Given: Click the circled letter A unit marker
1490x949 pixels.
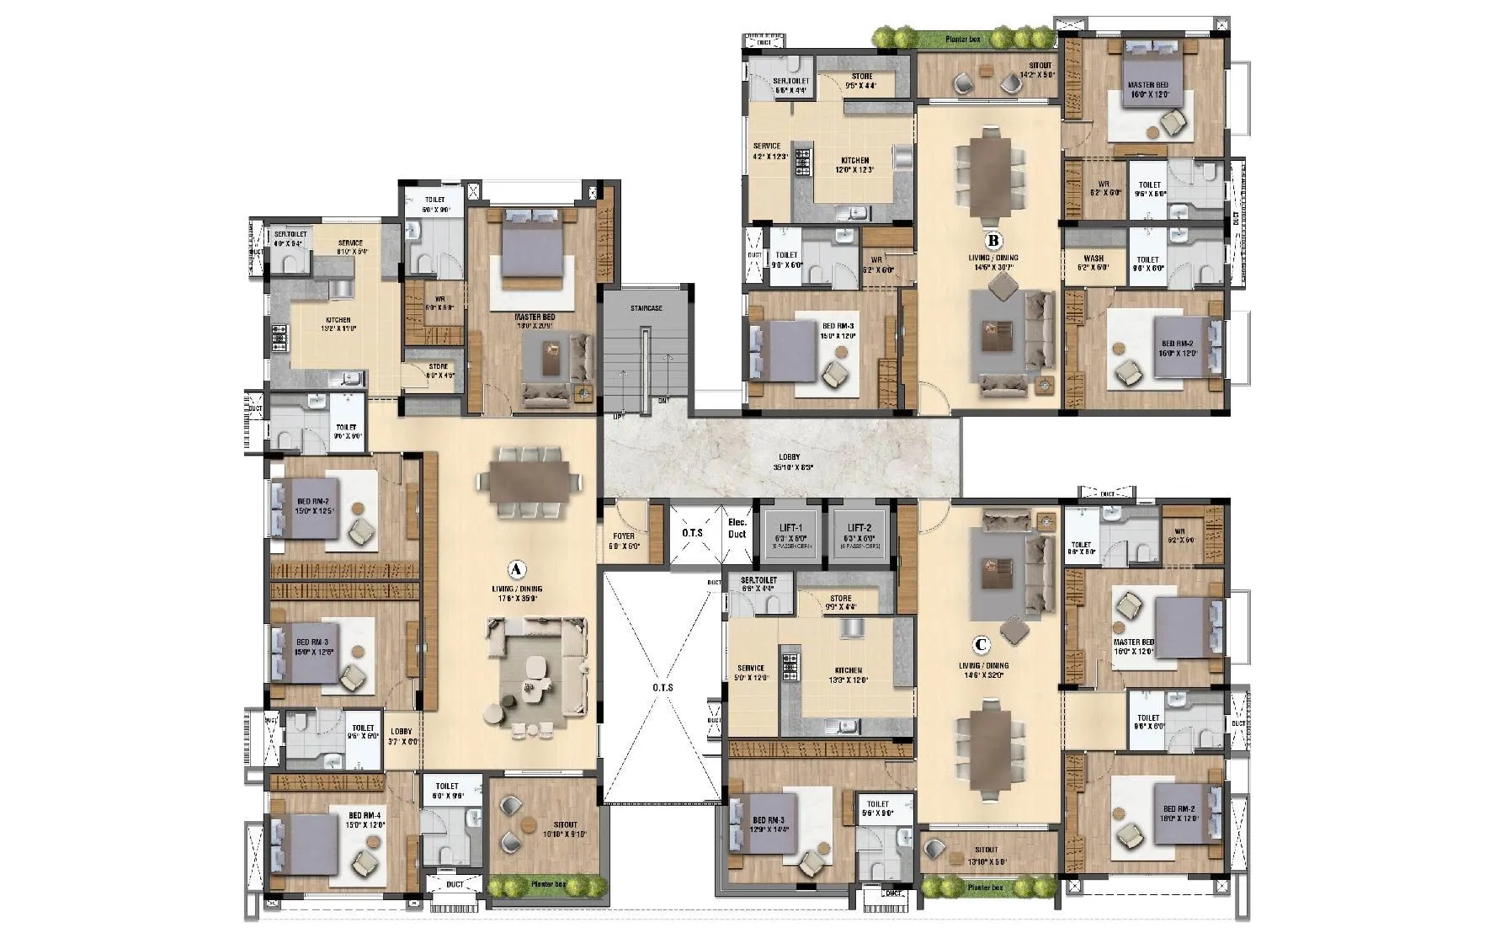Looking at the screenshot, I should point(517,568).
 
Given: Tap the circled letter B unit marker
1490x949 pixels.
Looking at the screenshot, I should point(993,241).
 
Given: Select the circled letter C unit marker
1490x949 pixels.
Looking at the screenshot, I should point(980,646).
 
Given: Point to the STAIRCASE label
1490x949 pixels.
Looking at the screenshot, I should point(647,308).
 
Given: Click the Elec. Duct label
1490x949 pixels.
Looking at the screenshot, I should point(737,528).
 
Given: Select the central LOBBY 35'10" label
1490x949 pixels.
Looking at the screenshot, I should point(789,461).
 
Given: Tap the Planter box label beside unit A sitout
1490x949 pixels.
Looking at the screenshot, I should point(547,885).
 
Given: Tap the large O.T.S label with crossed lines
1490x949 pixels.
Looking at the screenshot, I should point(663,687).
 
